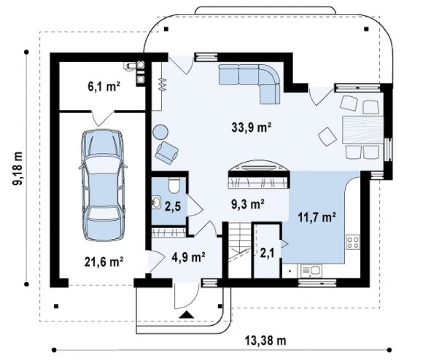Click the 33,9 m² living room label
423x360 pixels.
pos(251,128)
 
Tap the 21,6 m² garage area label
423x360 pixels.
pos(104,262)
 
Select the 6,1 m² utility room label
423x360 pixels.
pos(104,87)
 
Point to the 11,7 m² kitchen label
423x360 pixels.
pos(317,217)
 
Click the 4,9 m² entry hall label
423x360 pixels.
pos(189,257)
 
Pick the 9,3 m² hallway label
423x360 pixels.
pos(248,204)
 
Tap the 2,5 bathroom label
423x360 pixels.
pos(173,207)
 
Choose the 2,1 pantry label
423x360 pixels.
pos(268,252)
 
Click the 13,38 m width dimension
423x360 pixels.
pos(265,340)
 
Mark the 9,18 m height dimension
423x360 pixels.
pos(18,168)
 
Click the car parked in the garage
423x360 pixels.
pos(103,185)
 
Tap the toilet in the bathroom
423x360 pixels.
pos(174,185)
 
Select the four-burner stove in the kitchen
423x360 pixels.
pos(353,242)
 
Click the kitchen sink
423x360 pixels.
pos(311,270)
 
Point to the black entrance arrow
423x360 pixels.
pos(187,315)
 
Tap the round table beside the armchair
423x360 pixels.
pos(160,132)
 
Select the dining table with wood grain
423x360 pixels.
pos(363,130)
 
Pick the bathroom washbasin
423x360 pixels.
pos(156,202)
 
